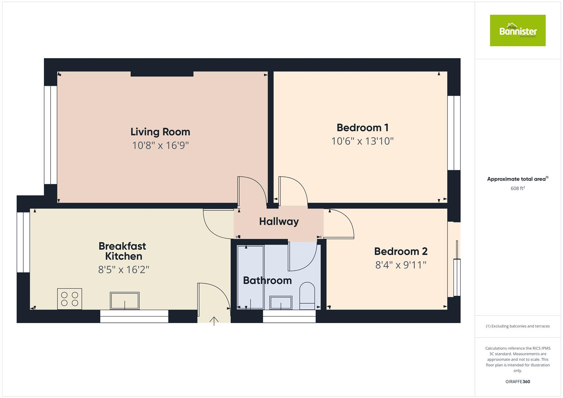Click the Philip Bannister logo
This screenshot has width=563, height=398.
point(517,31)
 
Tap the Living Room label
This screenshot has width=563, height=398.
point(160,132)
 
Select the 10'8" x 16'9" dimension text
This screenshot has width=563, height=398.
point(160,146)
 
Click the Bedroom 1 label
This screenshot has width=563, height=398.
point(362,128)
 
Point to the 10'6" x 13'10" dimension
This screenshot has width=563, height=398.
point(362,141)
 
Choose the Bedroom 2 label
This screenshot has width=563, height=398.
point(401,251)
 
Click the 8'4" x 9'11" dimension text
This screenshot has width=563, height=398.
point(401,265)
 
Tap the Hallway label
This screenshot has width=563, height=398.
point(279,221)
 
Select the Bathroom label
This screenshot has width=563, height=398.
point(267,280)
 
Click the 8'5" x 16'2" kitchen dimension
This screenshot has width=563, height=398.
point(124,270)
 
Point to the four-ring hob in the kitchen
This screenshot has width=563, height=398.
point(70,299)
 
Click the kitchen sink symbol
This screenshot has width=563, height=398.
point(125,301)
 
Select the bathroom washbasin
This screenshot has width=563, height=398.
point(281,303)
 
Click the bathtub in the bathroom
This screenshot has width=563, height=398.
point(250,277)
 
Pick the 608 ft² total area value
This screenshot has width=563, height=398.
point(517,188)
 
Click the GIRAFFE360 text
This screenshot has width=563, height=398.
point(517,381)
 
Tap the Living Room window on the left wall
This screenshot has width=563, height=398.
point(51,135)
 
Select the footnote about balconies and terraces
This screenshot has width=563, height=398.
point(517,326)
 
